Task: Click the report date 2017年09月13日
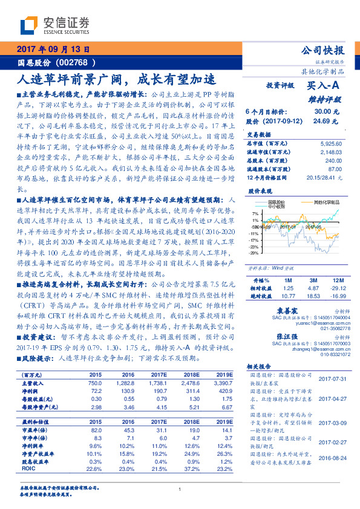tap(53, 49)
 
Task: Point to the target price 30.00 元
tap(321, 112)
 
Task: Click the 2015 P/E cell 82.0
tap(96, 429)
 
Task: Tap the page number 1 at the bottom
tap(180, 490)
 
